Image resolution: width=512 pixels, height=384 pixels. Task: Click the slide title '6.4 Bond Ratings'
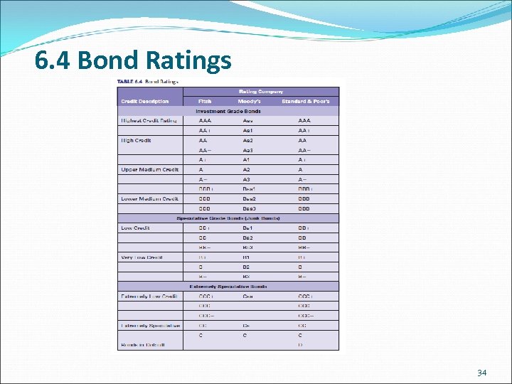pyautogui.click(x=133, y=60)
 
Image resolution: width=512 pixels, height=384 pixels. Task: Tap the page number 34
pyautogui.click(x=482, y=373)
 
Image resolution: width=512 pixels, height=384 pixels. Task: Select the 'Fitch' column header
pyautogui.click(x=205, y=101)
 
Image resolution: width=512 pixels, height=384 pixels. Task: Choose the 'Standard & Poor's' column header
pyautogui.click(x=306, y=101)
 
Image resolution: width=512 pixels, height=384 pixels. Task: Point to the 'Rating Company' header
pyautogui.click(x=260, y=91)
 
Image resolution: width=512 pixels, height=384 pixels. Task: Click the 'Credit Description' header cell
pyautogui.click(x=145, y=101)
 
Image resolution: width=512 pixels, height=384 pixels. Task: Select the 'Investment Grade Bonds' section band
pyautogui.click(x=228, y=111)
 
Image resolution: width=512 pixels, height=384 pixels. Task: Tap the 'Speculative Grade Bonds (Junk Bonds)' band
pyautogui.click(x=228, y=218)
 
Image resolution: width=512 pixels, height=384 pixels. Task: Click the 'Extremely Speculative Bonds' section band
pyautogui.click(x=228, y=286)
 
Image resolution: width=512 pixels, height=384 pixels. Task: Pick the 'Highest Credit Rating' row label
pyautogui.click(x=149, y=121)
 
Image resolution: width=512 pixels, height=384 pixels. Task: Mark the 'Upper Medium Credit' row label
pyautogui.click(x=149, y=169)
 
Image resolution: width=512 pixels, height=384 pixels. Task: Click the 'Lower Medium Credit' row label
pyautogui.click(x=149, y=198)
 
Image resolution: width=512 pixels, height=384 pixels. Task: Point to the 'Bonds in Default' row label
pyautogui.click(x=143, y=345)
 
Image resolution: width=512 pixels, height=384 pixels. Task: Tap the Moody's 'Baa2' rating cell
pyautogui.click(x=248, y=198)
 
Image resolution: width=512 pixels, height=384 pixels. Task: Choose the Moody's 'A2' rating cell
pyautogui.click(x=247, y=169)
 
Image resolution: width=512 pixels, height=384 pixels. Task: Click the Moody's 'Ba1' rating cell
pyautogui.click(x=247, y=228)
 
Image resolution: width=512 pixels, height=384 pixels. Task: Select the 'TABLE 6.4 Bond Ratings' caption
pyautogui.click(x=149, y=81)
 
